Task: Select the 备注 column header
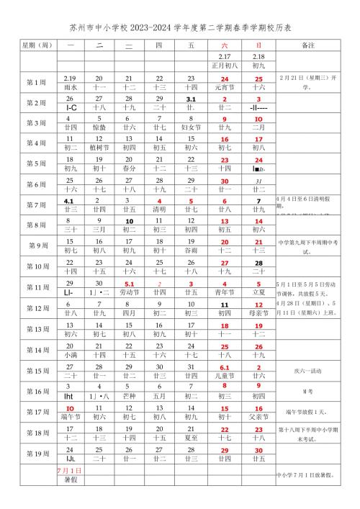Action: [308, 45]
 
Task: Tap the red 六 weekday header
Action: [225, 45]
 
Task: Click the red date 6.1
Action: [225, 366]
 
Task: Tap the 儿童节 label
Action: [225, 376]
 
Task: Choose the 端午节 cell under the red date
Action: [70, 417]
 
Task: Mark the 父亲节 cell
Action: [258, 417]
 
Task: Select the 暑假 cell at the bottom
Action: [70, 497]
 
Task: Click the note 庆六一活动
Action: [308, 370]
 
